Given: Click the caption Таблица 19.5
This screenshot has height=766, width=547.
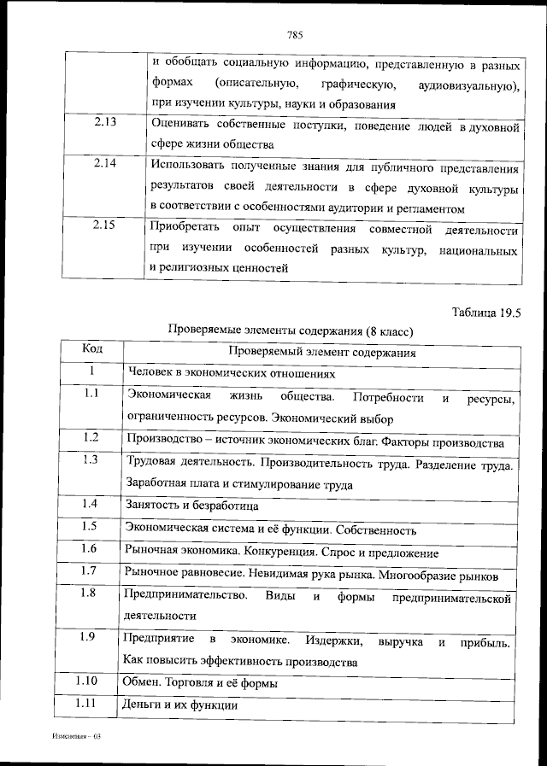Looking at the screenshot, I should coord(485,312).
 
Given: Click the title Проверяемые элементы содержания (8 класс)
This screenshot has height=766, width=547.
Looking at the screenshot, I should coord(291,330).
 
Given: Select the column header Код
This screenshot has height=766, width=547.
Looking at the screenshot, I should coord(91,348).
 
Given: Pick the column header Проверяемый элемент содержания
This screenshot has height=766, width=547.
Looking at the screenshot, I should coord(322,351).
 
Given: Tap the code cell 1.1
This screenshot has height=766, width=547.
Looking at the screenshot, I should coord(91,394).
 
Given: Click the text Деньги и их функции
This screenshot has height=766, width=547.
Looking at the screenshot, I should coord(180,705).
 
